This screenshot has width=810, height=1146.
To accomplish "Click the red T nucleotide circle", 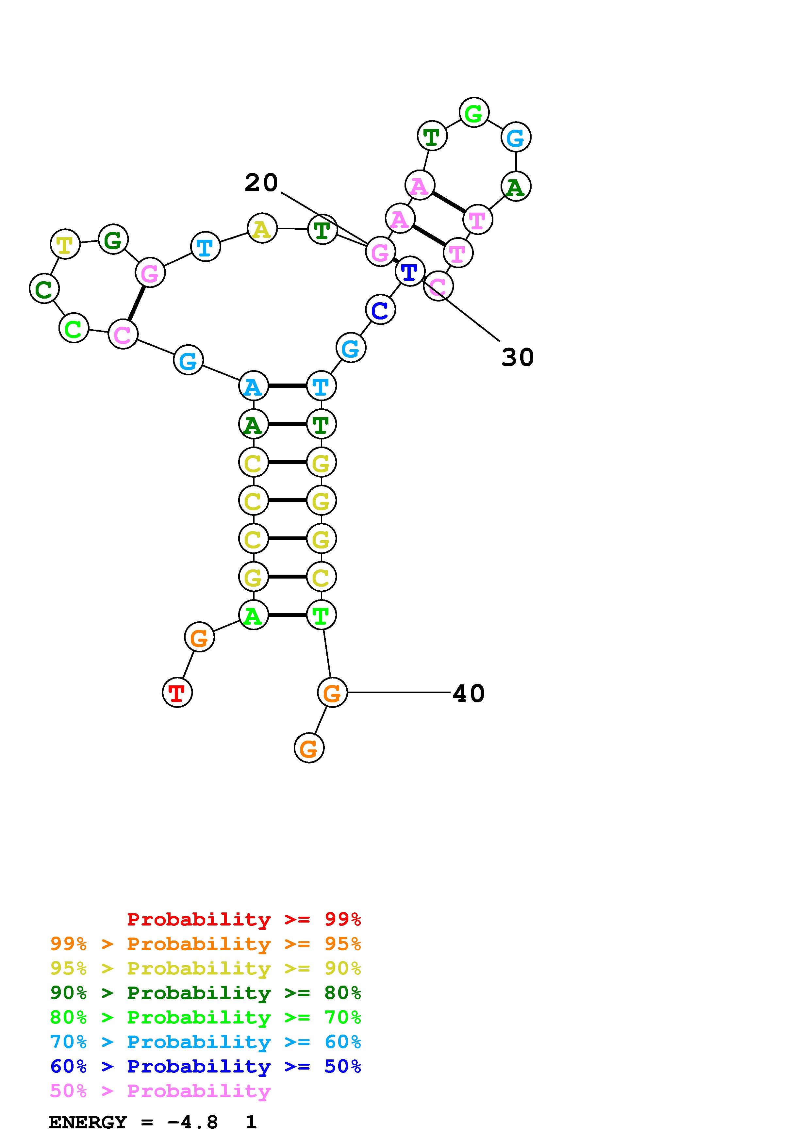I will click(177, 692).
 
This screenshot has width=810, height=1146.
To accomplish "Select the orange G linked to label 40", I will click(332, 692).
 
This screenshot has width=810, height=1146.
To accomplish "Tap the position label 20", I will click(261, 183).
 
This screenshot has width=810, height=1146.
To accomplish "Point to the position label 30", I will click(518, 357).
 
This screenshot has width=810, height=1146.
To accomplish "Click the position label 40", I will click(468, 693).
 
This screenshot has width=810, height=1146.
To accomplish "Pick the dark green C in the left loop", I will click(44, 288).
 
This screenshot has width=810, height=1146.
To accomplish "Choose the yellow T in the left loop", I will click(65, 244).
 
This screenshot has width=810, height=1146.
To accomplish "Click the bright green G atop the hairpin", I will click(474, 112).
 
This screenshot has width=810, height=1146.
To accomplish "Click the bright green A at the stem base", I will click(254, 615).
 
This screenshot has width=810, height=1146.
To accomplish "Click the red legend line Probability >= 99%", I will click(244, 919).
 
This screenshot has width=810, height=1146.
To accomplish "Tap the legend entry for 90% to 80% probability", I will click(206, 993).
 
